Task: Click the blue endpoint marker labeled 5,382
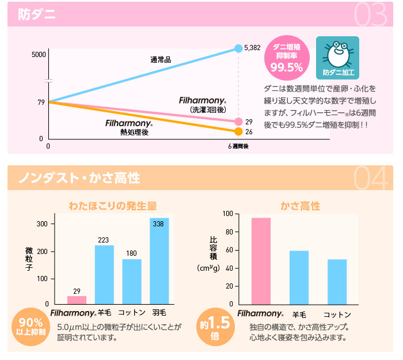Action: point(238,48)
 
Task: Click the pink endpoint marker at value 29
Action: point(238,122)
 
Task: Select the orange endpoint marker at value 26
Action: point(238,132)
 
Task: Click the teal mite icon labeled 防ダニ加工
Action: point(337,58)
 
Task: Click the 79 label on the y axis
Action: point(41,103)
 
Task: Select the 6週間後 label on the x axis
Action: point(238,147)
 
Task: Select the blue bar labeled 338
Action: point(159,260)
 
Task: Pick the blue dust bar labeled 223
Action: point(104,274)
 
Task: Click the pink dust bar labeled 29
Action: point(77,300)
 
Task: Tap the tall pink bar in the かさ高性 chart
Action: point(261,260)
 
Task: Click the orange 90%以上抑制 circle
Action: point(29,327)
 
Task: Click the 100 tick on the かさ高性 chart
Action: point(227,214)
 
